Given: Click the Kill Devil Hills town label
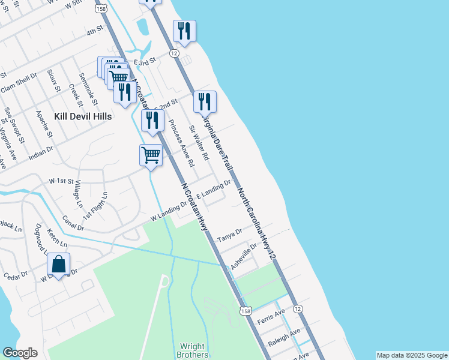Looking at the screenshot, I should tap(82, 116).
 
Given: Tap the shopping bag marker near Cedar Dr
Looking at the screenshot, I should tap(58, 265).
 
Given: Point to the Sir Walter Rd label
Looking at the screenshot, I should tap(199, 143).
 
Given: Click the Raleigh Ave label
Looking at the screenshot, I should tap(286, 335).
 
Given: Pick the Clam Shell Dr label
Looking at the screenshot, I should tap(19, 83).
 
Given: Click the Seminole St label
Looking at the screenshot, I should tap(88, 85).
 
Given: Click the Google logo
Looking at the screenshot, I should tap(20, 353).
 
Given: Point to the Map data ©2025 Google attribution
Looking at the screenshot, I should tap(412, 355).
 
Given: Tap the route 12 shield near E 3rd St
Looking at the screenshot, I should tap(174, 53).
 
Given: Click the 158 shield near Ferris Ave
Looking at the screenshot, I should tap(245, 311).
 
